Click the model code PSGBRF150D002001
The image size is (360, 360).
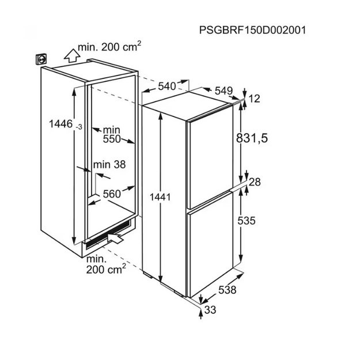point(252,30)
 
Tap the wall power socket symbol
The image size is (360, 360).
point(41,59)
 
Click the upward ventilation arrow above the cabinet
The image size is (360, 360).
point(72,55)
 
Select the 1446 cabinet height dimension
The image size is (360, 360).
point(61,124)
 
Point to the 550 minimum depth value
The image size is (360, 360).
point(112,139)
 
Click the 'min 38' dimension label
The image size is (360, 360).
point(109,165)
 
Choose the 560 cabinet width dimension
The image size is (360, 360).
point(112,194)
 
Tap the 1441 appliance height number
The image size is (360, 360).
point(160,197)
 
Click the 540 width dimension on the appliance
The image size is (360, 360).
point(167,86)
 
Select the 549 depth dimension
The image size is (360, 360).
point(223,91)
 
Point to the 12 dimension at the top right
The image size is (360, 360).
point(254,98)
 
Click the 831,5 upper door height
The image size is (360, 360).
point(252,138)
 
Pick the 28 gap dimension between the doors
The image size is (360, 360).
point(255,182)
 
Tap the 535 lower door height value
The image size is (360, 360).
point(247,221)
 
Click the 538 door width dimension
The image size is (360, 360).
point(228,290)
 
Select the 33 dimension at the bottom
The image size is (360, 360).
point(210,310)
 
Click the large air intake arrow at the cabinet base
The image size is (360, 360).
point(115,238)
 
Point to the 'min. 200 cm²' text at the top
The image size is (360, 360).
point(109,47)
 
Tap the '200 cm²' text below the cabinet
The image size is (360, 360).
point(106,269)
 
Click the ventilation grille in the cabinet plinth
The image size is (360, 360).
point(108,234)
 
